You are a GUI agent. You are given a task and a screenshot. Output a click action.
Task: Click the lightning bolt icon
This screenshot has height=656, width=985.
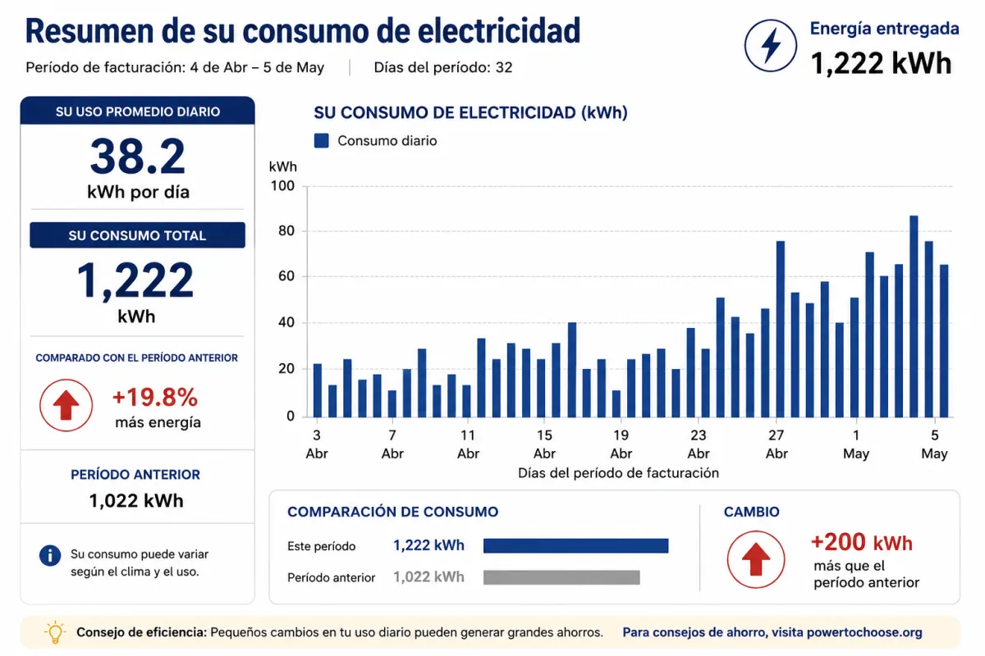pos(771,45)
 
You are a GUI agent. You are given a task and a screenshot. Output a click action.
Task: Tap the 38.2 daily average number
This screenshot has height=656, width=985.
pos(138,157)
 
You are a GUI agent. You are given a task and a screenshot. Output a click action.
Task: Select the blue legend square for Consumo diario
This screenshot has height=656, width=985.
pos(322,140)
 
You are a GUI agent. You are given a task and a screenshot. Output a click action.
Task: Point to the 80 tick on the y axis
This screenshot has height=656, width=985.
pos(286,230)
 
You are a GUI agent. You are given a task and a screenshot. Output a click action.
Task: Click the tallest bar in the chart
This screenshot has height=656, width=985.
pos(914,317)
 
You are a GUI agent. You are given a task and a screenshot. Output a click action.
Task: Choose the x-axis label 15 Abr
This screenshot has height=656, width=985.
pos(544,444)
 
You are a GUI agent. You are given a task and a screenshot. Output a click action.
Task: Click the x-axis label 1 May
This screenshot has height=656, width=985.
pos(856,444)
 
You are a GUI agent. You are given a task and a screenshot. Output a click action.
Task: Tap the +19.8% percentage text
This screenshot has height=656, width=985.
pos(155,397)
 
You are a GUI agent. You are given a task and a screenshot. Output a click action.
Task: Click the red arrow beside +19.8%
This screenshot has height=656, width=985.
pos(66,405)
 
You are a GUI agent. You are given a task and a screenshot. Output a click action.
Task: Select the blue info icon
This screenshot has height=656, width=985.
pos(50,555)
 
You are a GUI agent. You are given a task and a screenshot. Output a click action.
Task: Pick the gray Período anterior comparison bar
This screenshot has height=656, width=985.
pos(561,577)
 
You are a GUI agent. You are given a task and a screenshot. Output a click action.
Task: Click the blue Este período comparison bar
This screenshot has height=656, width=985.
pos(575,546)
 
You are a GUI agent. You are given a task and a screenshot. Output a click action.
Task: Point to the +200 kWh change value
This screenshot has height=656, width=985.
pos(862,542)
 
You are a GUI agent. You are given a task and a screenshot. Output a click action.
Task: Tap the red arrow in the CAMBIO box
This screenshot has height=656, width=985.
pos(756,559)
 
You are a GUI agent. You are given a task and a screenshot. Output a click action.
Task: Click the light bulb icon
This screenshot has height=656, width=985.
pos(55,632)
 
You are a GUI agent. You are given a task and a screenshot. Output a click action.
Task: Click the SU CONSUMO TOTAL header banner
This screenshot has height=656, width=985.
pos(138,235)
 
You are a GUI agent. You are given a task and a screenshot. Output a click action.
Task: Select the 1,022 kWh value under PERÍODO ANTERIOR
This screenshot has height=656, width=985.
pos(136,500)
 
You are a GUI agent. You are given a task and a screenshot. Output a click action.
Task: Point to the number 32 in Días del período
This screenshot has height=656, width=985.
pos(504,67)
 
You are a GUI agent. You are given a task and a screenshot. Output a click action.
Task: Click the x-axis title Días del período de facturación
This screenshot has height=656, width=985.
pos(618,473)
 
